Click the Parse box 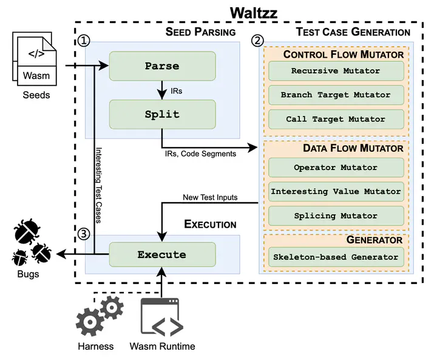tap(162, 66)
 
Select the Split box tap(162, 115)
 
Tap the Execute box tap(162, 255)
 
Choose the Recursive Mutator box tap(336, 71)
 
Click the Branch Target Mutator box tap(336, 95)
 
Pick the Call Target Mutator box tap(336, 119)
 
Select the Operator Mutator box tap(336, 168)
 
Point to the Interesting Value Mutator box tap(336, 191)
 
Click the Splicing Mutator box tap(336, 216)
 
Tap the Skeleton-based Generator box tap(336, 257)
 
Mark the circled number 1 tap(85, 41)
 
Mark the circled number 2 tap(258, 41)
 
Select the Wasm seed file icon tap(34, 59)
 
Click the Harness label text tap(95, 347)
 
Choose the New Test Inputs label tap(210, 197)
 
